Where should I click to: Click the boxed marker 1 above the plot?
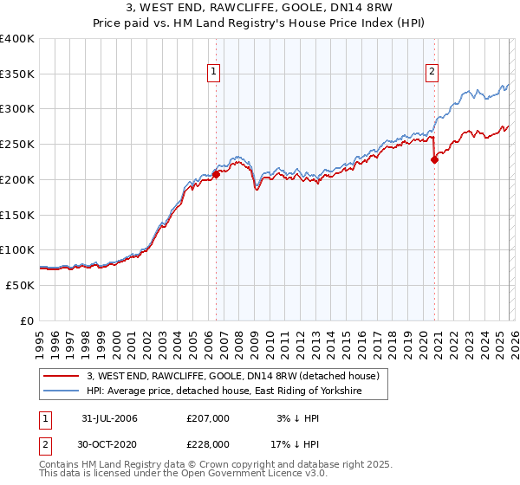click(x=213, y=73)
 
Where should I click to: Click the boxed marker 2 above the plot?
click(x=432, y=73)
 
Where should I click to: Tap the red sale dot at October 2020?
click(x=435, y=158)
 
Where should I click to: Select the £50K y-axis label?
click(x=20, y=285)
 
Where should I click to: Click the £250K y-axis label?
click(x=17, y=145)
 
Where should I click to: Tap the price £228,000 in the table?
click(x=207, y=443)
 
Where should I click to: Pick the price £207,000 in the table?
click(x=207, y=418)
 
